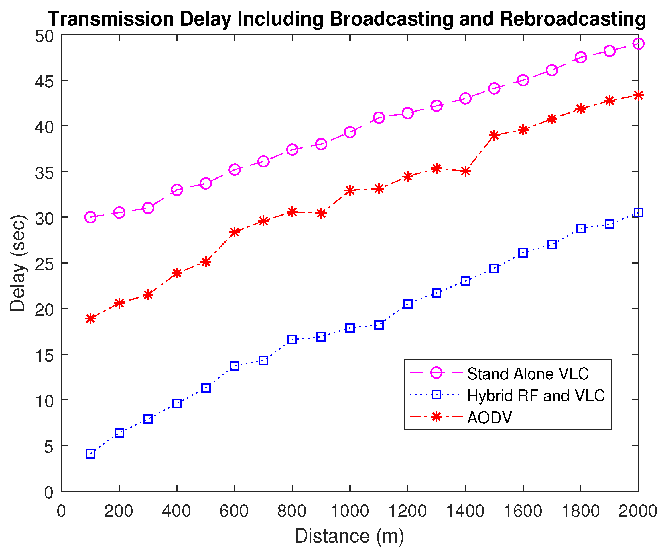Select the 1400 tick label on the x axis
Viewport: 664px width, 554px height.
465,511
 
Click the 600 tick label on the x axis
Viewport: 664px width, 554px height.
234,511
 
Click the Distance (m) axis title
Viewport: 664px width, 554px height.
349,536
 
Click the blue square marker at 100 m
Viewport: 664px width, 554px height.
90,454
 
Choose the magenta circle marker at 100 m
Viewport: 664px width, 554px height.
90,217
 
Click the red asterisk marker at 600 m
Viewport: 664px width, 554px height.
235,232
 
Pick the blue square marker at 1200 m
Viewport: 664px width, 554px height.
407,304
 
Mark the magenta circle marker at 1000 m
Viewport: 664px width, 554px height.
350,132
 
